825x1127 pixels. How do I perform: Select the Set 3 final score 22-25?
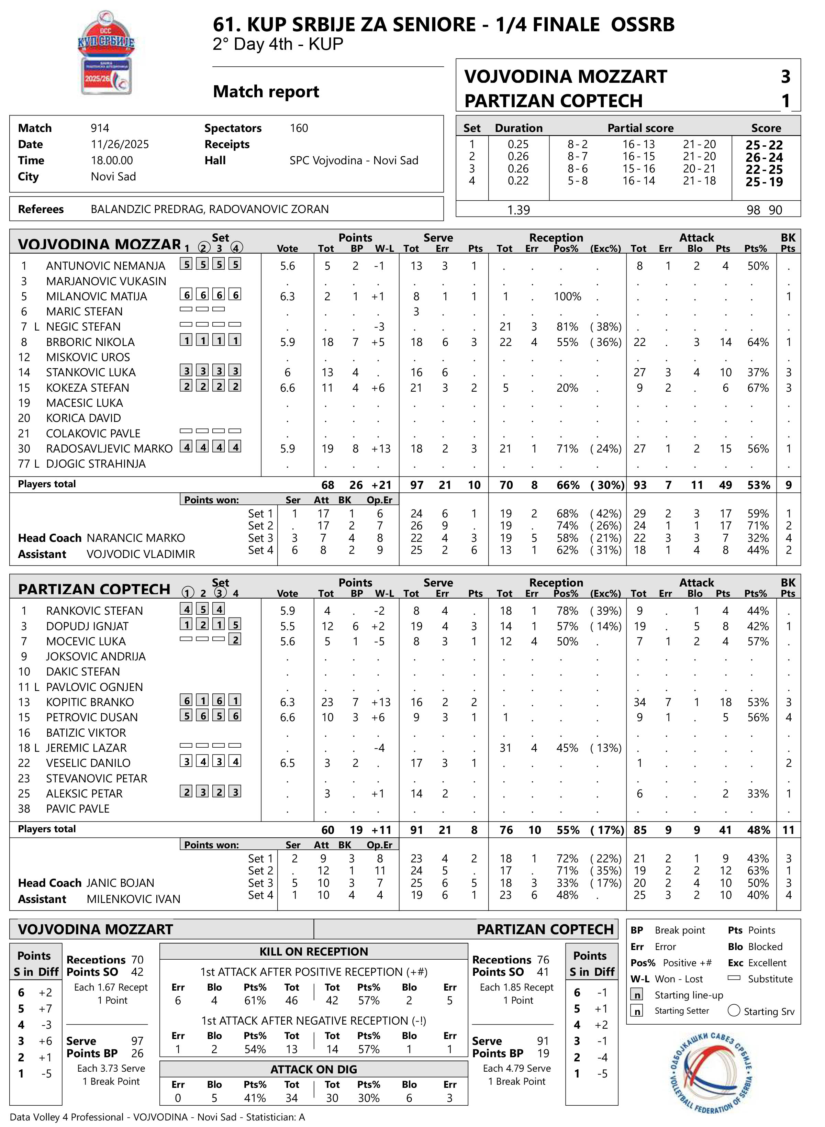click(x=764, y=169)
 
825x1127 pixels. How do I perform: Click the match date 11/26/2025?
click(x=120, y=144)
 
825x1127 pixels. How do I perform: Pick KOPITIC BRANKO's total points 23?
click(x=327, y=702)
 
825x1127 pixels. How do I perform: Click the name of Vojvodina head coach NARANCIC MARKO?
click(x=136, y=538)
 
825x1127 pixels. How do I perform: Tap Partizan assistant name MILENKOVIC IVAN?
click(x=133, y=899)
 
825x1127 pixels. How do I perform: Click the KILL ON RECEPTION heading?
click(x=314, y=951)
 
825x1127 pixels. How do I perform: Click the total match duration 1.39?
click(x=519, y=210)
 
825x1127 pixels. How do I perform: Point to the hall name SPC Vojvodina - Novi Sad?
click(x=354, y=160)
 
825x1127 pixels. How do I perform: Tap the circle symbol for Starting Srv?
click(x=734, y=1011)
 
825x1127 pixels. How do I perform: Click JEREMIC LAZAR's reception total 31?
click(x=505, y=748)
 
